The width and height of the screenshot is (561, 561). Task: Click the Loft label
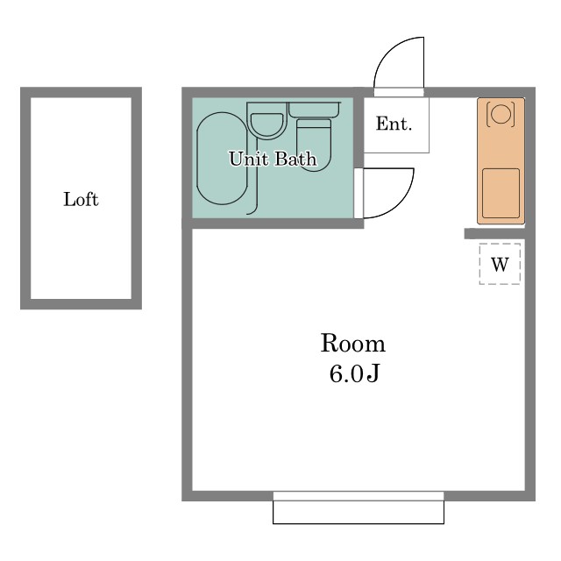(81, 200)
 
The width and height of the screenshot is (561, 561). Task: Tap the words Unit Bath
(273, 159)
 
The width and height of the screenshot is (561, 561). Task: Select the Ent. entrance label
(394, 124)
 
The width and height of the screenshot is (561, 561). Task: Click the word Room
(352, 343)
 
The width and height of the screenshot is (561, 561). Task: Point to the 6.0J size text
(353, 374)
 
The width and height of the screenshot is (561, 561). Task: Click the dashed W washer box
(500, 264)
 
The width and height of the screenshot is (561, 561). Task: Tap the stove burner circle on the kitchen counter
(501, 113)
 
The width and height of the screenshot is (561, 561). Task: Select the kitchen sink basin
(501, 193)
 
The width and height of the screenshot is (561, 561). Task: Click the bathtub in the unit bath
(222, 159)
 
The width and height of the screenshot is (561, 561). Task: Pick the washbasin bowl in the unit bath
(266, 124)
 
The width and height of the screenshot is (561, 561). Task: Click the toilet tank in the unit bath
(315, 110)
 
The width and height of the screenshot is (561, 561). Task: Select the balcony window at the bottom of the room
(359, 508)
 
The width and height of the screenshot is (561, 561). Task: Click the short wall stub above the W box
(494, 234)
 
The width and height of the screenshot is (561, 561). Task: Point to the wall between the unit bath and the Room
(273, 224)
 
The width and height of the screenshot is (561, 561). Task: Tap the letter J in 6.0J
(373, 374)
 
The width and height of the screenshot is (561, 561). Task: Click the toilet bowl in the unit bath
(314, 146)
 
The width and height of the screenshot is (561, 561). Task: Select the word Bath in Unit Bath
(296, 159)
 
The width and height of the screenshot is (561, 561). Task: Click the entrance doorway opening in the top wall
(399, 92)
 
